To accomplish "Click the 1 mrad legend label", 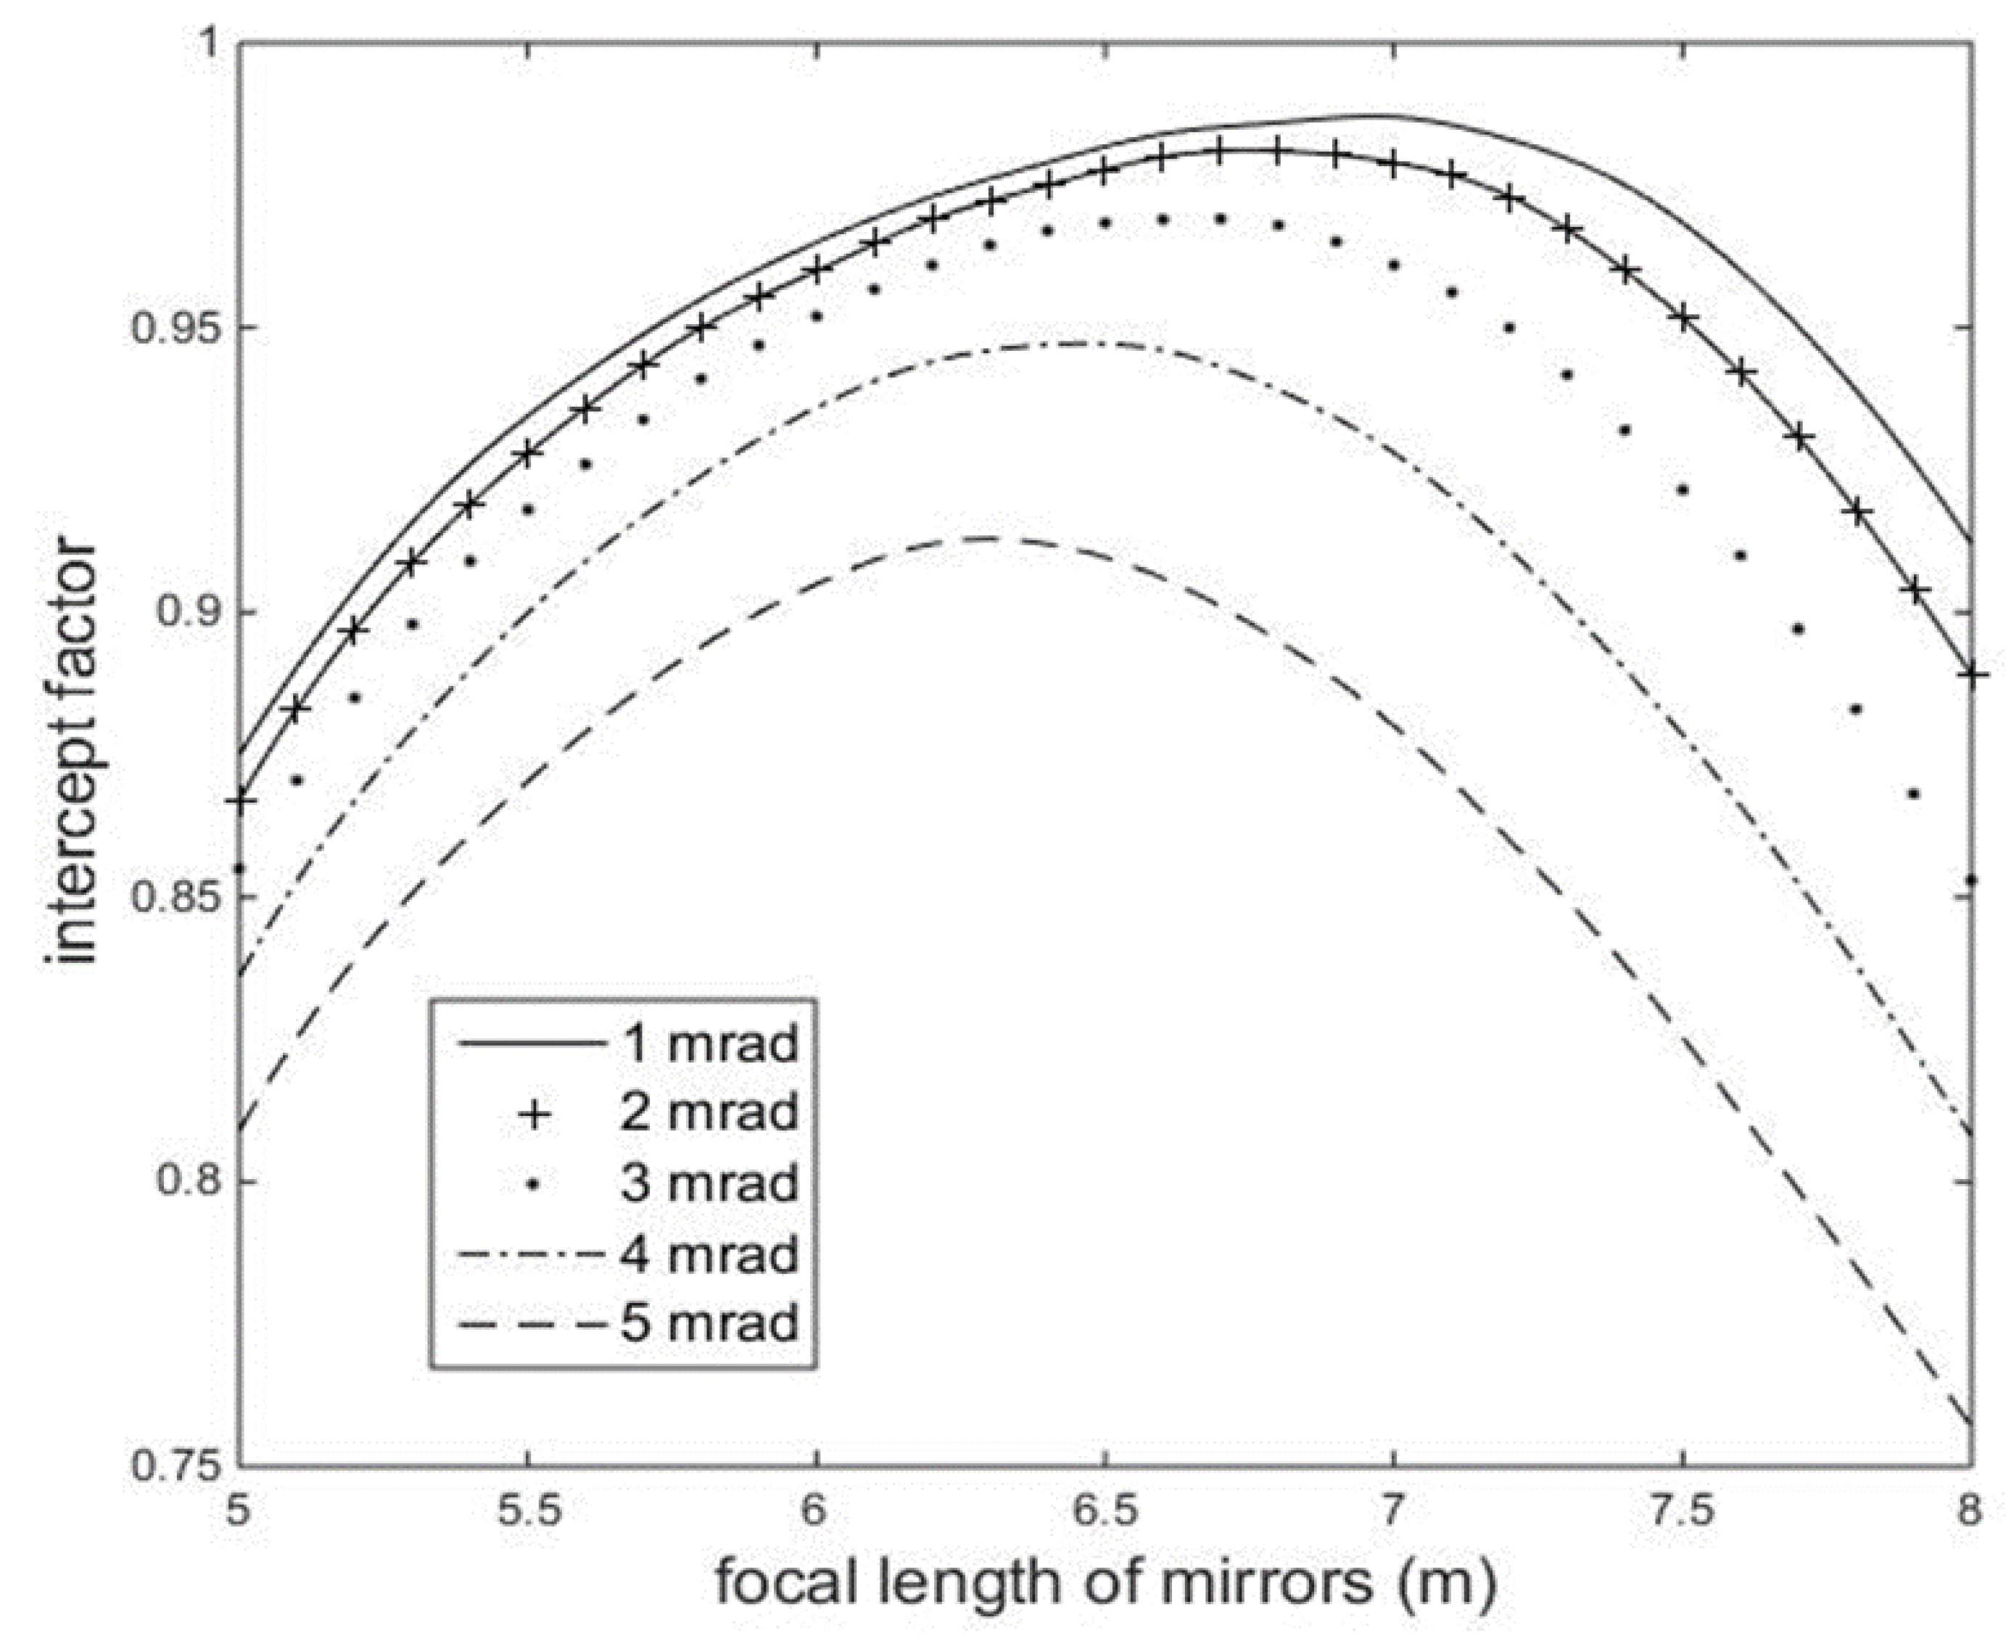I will [x=709, y=1044].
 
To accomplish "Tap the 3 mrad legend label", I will [x=709, y=1183].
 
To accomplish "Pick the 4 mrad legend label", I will [x=709, y=1254].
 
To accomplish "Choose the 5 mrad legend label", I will [x=709, y=1323].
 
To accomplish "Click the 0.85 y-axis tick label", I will [x=176, y=898].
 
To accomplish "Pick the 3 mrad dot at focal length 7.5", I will [x=1683, y=490].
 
